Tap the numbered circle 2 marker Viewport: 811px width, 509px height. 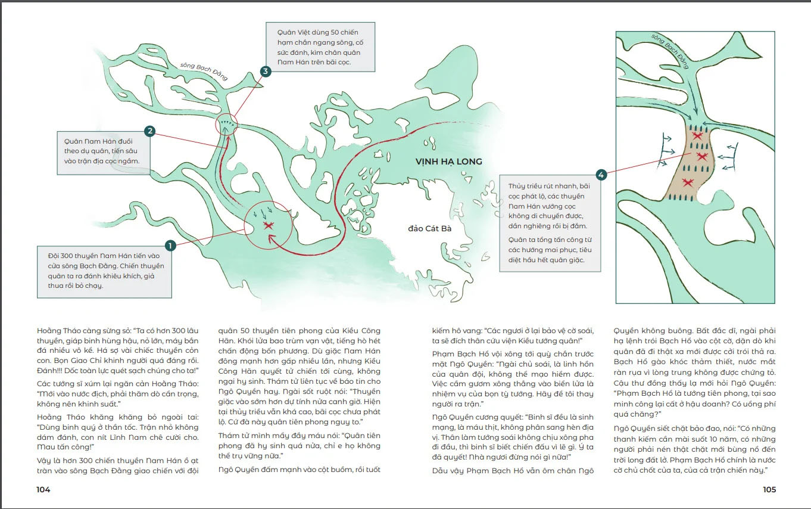pyautogui.click(x=150, y=131)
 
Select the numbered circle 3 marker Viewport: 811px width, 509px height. pyautogui.click(x=266, y=72)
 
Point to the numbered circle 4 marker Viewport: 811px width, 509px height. pyautogui.click(x=601, y=175)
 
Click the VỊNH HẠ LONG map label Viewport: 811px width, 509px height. pyautogui.click(x=448, y=162)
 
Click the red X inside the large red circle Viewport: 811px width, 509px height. pyautogui.click(x=268, y=225)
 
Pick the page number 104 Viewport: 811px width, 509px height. pyautogui.click(x=43, y=489)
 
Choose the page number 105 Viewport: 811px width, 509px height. pyautogui.click(x=769, y=489)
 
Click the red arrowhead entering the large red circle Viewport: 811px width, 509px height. pyautogui.click(x=272, y=240)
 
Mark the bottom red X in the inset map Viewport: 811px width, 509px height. pyautogui.click(x=688, y=182)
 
